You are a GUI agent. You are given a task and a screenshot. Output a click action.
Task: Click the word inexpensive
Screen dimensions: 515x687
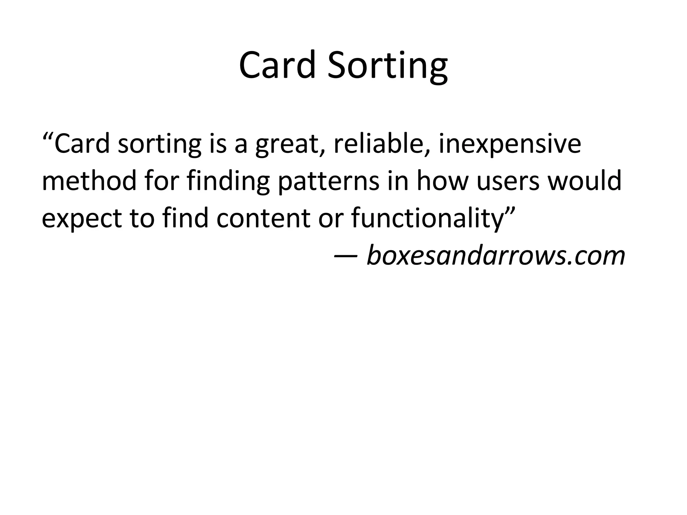[x=510, y=144]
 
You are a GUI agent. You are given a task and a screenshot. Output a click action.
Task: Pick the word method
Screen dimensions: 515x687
[x=89, y=181]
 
